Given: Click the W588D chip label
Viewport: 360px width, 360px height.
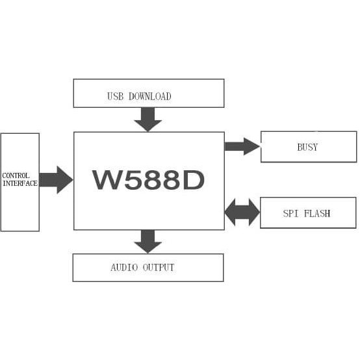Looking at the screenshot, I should pyautogui.click(x=148, y=180).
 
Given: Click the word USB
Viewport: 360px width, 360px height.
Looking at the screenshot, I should pyautogui.click(x=116, y=96).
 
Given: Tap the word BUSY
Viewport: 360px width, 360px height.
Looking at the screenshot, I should pyautogui.click(x=307, y=147).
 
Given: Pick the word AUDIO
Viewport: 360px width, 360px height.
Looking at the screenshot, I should pyautogui.click(x=123, y=267).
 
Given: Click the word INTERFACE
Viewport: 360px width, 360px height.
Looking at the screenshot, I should pyautogui.click(x=19, y=183).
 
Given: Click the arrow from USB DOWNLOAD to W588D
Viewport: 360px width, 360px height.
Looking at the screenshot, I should pyautogui.click(x=148, y=119).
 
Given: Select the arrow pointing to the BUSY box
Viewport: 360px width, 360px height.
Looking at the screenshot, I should pyautogui.click(x=242, y=146).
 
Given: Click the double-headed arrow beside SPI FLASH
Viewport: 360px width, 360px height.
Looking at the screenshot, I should pyautogui.click(x=242, y=212).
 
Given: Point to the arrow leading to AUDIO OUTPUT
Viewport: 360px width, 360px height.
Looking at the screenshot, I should pyautogui.click(x=148, y=241).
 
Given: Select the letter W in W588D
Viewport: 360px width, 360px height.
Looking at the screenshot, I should pyautogui.click(x=106, y=180).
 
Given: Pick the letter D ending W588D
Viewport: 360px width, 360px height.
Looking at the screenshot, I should pyautogui.click(x=191, y=180).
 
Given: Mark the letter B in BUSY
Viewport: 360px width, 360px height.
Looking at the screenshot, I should pyautogui.click(x=299, y=147).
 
